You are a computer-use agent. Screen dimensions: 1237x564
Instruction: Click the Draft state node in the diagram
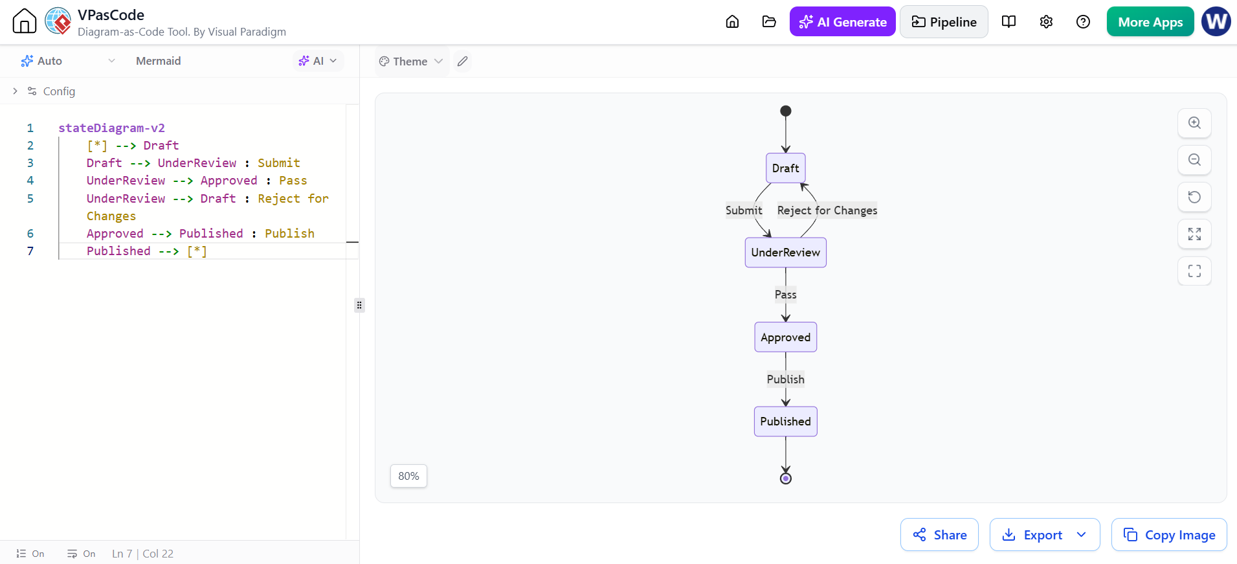click(x=785, y=168)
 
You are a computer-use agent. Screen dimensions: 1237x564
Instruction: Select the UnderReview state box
click(x=785, y=252)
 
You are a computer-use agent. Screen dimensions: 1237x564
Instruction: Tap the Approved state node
click(x=785, y=337)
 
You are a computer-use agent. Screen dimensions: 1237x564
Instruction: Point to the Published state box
click(x=785, y=422)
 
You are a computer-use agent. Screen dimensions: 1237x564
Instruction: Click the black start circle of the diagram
click(x=786, y=111)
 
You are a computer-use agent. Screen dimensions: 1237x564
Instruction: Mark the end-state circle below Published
click(x=786, y=479)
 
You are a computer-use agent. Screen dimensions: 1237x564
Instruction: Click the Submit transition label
click(x=744, y=210)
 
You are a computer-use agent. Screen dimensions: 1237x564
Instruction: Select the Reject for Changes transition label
click(x=827, y=210)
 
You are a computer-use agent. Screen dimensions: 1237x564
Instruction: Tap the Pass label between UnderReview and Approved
click(x=786, y=295)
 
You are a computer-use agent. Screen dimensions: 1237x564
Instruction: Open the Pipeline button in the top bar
click(x=944, y=22)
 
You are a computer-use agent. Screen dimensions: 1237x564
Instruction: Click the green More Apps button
click(x=1150, y=22)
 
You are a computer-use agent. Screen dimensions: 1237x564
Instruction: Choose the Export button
click(x=1044, y=535)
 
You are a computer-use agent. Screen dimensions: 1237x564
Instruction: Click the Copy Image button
click(x=1169, y=535)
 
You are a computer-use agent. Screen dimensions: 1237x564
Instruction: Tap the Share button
click(x=939, y=535)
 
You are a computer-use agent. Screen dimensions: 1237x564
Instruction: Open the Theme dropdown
click(x=411, y=62)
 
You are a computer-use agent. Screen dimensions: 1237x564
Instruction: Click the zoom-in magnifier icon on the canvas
click(x=1194, y=123)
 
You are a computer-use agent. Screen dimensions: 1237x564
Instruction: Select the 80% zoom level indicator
click(x=408, y=476)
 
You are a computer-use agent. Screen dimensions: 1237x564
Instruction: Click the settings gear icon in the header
click(x=1046, y=22)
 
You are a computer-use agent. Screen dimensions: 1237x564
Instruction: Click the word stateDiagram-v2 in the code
click(x=111, y=128)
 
